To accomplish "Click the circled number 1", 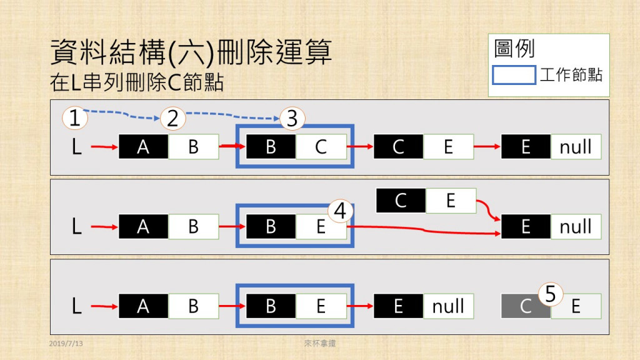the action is pyautogui.click(x=75, y=117).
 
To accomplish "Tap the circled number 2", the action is pyautogui.click(x=173, y=117).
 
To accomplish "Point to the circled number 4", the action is pyautogui.click(x=340, y=211).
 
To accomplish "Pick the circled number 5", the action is pyautogui.click(x=551, y=293).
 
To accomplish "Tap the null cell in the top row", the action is pyautogui.click(x=576, y=147).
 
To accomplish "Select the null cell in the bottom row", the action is pyautogui.click(x=448, y=306).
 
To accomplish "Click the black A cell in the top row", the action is pyautogui.click(x=143, y=147).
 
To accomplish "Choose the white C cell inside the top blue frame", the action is pyautogui.click(x=321, y=147).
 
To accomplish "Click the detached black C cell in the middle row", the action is pyautogui.click(x=401, y=201).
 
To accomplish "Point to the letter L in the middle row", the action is pyautogui.click(x=77, y=227).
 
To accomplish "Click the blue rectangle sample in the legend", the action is pyautogui.click(x=514, y=76).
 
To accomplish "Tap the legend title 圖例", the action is pyautogui.click(x=514, y=49).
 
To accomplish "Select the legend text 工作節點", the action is pyautogui.click(x=571, y=76).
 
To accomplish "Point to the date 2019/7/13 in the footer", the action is pyautogui.click(x=66, y=344).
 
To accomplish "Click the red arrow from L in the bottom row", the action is pyautogui.click(x=104, y=306).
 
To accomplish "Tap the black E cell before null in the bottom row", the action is pyautogui.click(x=398, y=306).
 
